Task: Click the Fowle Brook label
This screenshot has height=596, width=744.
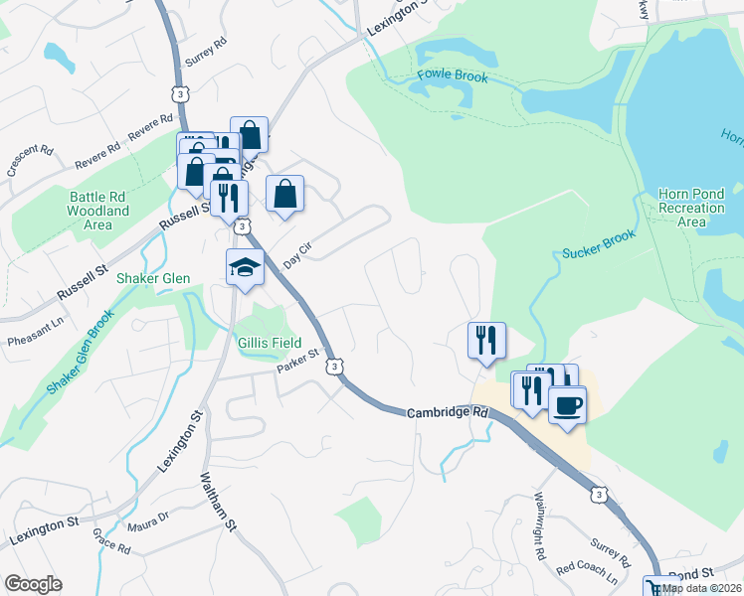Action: click(453, 75)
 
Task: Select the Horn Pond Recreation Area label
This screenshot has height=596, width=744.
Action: click(691, 208)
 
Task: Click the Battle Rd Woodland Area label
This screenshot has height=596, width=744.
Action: click(98, 211)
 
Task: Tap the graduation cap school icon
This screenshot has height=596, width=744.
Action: click(244, 267)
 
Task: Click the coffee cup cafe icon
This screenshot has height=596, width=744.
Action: click(567, 404)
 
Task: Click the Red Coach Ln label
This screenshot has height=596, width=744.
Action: click(587, 572)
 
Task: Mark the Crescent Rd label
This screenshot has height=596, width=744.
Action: click(30, 160)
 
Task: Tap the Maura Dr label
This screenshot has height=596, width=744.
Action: click(149, 521)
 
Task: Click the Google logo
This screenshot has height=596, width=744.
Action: click(33, 584)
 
